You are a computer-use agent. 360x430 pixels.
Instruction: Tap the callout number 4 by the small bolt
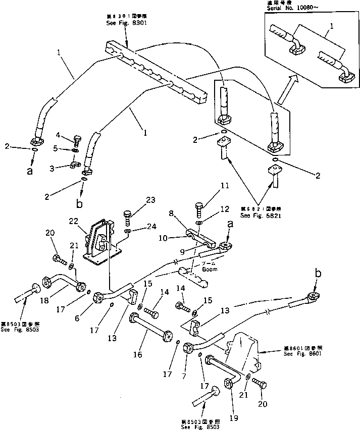(59, 135)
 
